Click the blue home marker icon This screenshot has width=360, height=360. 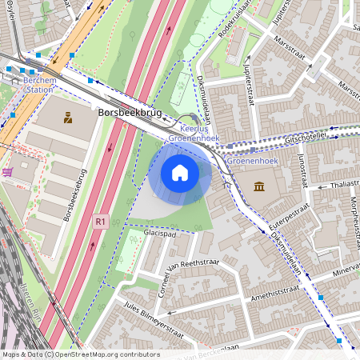click(x=180, y=172)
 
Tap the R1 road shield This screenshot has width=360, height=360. click(x=100, y=221)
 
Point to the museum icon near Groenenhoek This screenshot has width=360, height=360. click(x=260, y=187)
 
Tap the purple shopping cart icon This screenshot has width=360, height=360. click(x=8, y=172)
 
